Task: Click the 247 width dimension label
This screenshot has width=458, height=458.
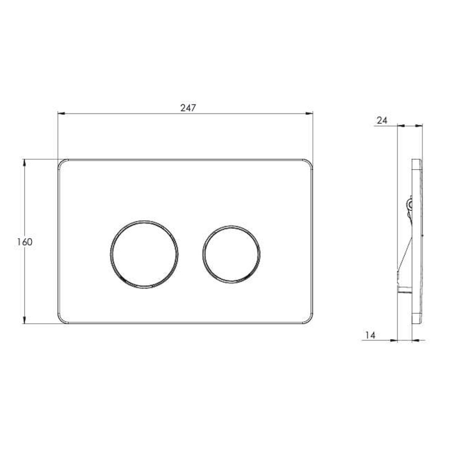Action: pyautogui.click(x=188, y=108)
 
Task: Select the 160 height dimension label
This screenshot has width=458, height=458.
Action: pyautogui.click(x=25, y=242)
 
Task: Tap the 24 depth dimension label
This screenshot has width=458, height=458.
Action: pyautogui.click(x=382, y=120)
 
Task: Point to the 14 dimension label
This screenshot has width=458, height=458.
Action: pyautogui.click(x=370, y=335)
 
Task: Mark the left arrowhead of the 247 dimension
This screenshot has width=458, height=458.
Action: pyautogui.click(x=61, y=113)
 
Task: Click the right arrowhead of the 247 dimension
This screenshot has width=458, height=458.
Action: pyautogui.click(x=309, y=113)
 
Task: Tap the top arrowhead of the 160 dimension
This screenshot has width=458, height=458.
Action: pyautogui.click(x=25, y=163)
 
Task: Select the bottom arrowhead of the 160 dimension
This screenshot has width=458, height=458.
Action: pyautogui.click(x=25, y=320)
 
